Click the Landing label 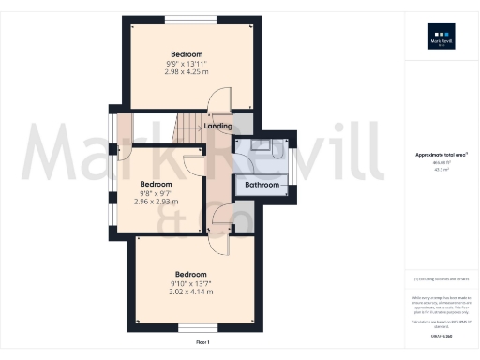217,126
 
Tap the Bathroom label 262,185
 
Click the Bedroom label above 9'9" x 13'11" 187,54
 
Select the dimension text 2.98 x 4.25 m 187,72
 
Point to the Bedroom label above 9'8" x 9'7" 156,184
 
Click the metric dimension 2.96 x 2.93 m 156,202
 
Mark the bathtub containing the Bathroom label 263,186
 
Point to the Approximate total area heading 441,155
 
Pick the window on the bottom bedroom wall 195,327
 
